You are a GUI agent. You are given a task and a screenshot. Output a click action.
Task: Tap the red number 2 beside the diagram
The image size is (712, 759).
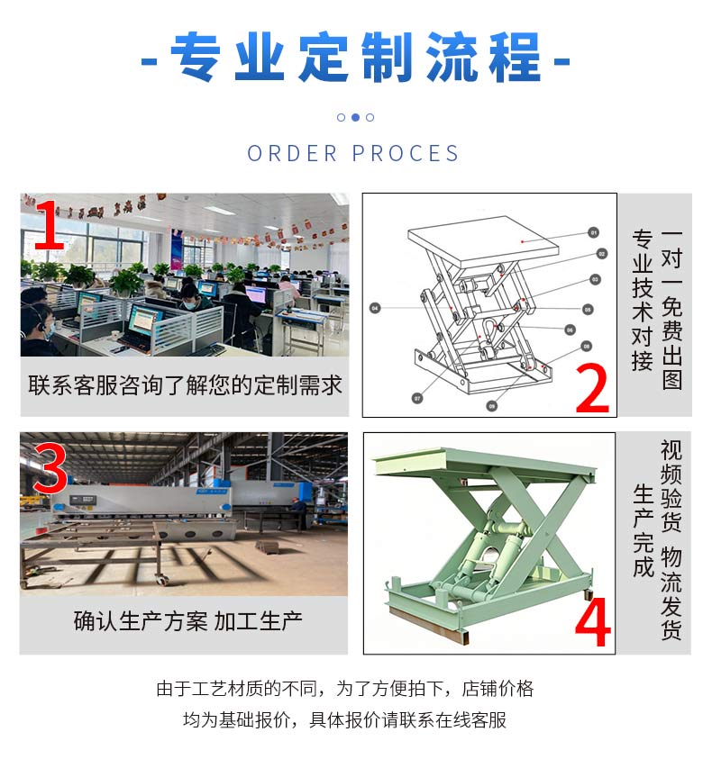tap(592, 388)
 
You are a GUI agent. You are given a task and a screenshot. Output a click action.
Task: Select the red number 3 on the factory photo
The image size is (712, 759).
tap(50, 469)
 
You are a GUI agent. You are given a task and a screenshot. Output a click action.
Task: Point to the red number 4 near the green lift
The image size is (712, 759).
tap(593, 622)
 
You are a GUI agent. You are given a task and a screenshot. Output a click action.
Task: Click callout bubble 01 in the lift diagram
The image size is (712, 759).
tap(593, 233)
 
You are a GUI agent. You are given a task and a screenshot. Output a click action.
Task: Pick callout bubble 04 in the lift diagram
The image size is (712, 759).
tap(375, 308)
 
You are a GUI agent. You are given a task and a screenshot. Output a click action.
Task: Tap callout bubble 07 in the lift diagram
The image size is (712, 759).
tap(417, 398)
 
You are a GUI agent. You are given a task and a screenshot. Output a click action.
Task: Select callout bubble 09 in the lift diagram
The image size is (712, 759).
tap(492, 406)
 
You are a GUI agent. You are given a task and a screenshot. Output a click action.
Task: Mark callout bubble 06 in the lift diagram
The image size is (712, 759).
tap(570, 330)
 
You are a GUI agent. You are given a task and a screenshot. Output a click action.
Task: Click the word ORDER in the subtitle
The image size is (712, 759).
tap(292, 153)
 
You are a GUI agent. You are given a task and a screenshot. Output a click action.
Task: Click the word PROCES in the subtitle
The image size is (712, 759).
tap(406, 153)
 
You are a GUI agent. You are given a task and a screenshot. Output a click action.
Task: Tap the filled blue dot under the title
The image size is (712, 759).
tap(355, 117)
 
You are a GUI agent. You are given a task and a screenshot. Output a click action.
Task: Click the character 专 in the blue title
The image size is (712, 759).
tap(195, 57)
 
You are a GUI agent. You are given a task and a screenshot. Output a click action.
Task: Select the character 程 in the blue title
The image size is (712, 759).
tap(515, 57)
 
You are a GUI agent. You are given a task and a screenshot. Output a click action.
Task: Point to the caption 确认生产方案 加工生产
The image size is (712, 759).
tap(188, 621)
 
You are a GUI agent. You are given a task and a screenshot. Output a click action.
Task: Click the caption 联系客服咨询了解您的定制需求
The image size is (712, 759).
tap(185, 385)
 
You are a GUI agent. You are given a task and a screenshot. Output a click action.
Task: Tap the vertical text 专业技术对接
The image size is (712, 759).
tap(643, 301)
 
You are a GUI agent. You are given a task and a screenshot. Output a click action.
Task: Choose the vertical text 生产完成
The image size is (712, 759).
tap(644, 531)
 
